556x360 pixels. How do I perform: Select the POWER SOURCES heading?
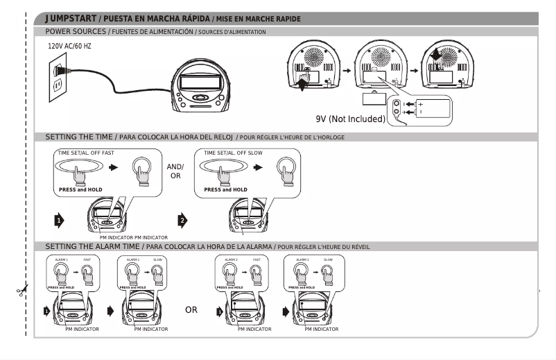tap(76, 32)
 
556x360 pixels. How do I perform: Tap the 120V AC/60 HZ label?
tap(69, 46)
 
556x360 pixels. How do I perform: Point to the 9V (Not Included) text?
tap(350, 119)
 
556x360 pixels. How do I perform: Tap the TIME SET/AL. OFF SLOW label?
tap(232, 153)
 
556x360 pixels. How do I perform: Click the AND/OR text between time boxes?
tap(175, 171)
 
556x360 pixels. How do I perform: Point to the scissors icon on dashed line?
tap(23, 290)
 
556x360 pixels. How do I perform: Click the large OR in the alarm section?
tap(191, 309)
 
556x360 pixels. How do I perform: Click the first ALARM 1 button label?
tap(62, 259)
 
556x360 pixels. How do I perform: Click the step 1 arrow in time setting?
tap(60, 221)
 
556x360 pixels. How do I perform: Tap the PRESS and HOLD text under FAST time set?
tap(78, 189)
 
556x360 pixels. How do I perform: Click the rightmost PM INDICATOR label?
tap(322, 329)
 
